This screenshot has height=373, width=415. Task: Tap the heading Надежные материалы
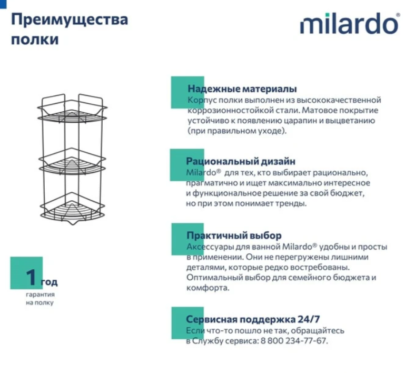242,89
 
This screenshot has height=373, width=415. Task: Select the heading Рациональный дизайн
241,161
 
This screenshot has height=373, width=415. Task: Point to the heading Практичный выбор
234,236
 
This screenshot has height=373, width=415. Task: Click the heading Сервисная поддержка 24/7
253,319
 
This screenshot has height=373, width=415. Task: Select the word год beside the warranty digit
48,282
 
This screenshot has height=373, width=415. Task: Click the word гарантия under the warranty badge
40,295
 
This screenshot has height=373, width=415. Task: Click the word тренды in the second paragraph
292,203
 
